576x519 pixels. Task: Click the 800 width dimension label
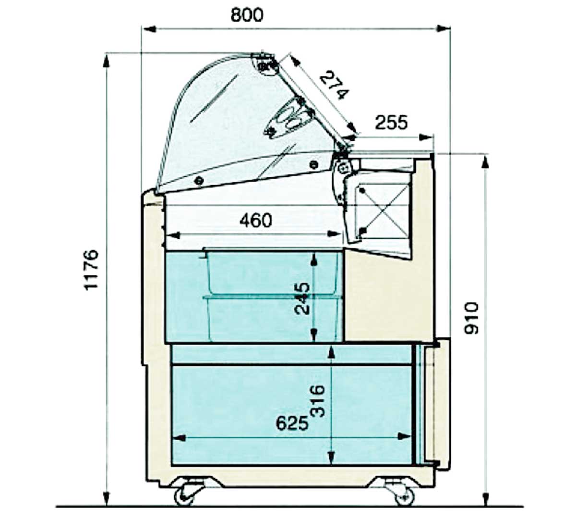click(x=247, y=15)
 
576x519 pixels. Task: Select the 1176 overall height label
click(x=91, y=270)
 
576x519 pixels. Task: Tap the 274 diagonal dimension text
click(x=334, y=85)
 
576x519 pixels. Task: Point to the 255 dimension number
click(x=391, y=122)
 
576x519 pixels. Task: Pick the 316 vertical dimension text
click(x=318, y=401)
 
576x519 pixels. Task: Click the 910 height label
click(x=471, y=318)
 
